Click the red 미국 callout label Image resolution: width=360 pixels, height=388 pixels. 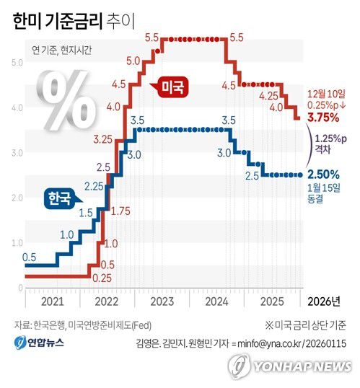tap(171, 88)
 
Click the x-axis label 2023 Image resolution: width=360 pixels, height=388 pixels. tap(162, 301)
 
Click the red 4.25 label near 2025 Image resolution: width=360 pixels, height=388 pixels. tap(268, 95)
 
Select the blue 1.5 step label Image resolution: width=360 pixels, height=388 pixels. tap(85, 213)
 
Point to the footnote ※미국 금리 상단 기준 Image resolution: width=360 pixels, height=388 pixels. tap(305, 324)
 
